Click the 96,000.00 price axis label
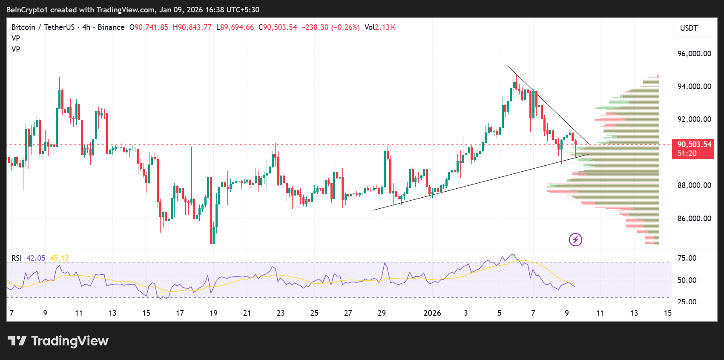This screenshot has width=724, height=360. (x=694, y=54)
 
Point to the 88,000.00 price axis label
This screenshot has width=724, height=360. (x=694, y=185)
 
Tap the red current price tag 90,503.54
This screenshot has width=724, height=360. (x=694, y=144)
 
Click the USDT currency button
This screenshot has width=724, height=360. (x=689, y=28)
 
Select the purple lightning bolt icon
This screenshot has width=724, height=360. (x=575, y=239)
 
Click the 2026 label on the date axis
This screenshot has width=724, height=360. (x=432, y=313)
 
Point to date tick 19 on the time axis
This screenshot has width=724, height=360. (x=213, y=313)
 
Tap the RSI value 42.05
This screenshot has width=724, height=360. (x=36, y=258)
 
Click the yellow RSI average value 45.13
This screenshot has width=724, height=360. (x=59, y=258)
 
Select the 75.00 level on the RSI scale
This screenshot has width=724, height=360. (x=687, y=258)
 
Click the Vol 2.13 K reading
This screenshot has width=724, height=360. (x=380, y=27)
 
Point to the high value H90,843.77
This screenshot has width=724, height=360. (x=192, y=27)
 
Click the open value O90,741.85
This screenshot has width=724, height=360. (x=149, y=27)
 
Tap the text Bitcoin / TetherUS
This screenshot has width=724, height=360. (x=43, y=27)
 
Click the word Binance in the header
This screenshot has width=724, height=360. (x=111, y=27)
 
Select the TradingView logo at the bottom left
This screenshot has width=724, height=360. (x=58, y=341)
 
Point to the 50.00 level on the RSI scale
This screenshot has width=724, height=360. (x=687, y=280)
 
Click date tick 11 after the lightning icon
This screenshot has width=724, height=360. (x=600, y=313)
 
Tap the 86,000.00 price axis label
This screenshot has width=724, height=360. (x=694, y=219)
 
